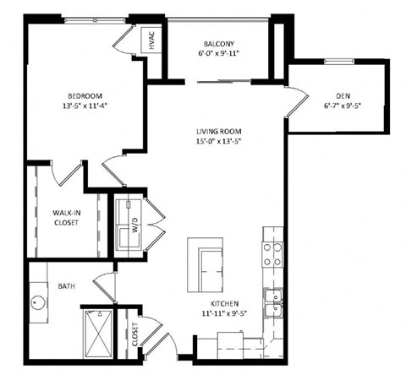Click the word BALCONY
pyautogui.click(x=219, y=44)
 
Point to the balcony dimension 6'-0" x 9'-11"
pyautogui.click(x=219, y=54)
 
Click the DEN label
pyautogui.click(x=343, y=95)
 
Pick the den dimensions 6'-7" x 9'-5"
pyautogui.click(x=343, y=106)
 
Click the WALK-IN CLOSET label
pyautogui.click(x=66, y=218)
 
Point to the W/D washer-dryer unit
pyautogui.click(x=130, y=227)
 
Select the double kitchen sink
pyautogui.click(x=273, y=303)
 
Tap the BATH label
pyautogui.click(x=67, y=286)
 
